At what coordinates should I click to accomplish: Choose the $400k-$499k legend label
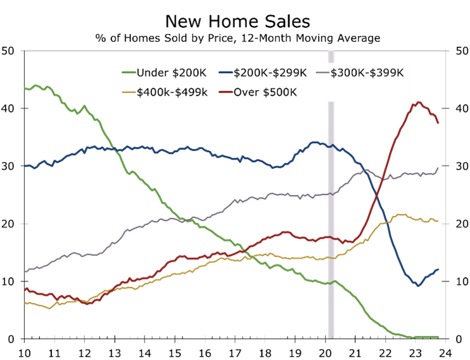click(172, 93)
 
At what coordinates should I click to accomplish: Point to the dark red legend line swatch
click(225, 93)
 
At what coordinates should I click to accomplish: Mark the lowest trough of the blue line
click(418, 286)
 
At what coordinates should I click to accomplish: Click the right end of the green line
click(438, 337)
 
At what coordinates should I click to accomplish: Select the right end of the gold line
click(438, 221)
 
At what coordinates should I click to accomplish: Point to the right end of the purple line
click(438, 167)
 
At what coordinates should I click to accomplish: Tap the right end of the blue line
click(438, 269)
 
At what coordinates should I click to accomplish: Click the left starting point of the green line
click(24, 88)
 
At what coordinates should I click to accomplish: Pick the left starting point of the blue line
click(24, 166)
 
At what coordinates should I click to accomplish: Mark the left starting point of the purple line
click(24, 271)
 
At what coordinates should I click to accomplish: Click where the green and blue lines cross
click(115, 150)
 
